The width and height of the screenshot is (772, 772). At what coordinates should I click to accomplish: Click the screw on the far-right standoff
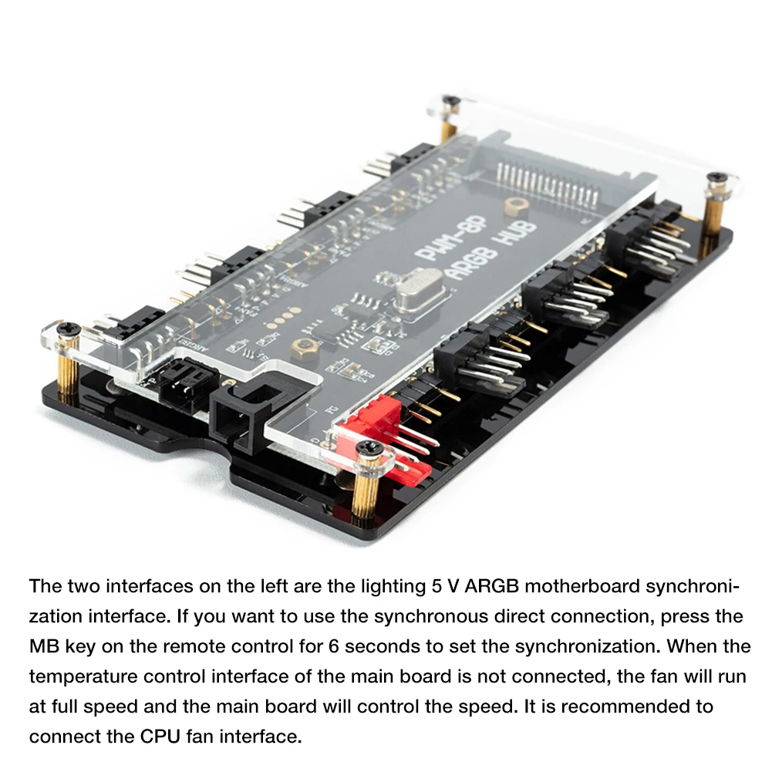(716, 179)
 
